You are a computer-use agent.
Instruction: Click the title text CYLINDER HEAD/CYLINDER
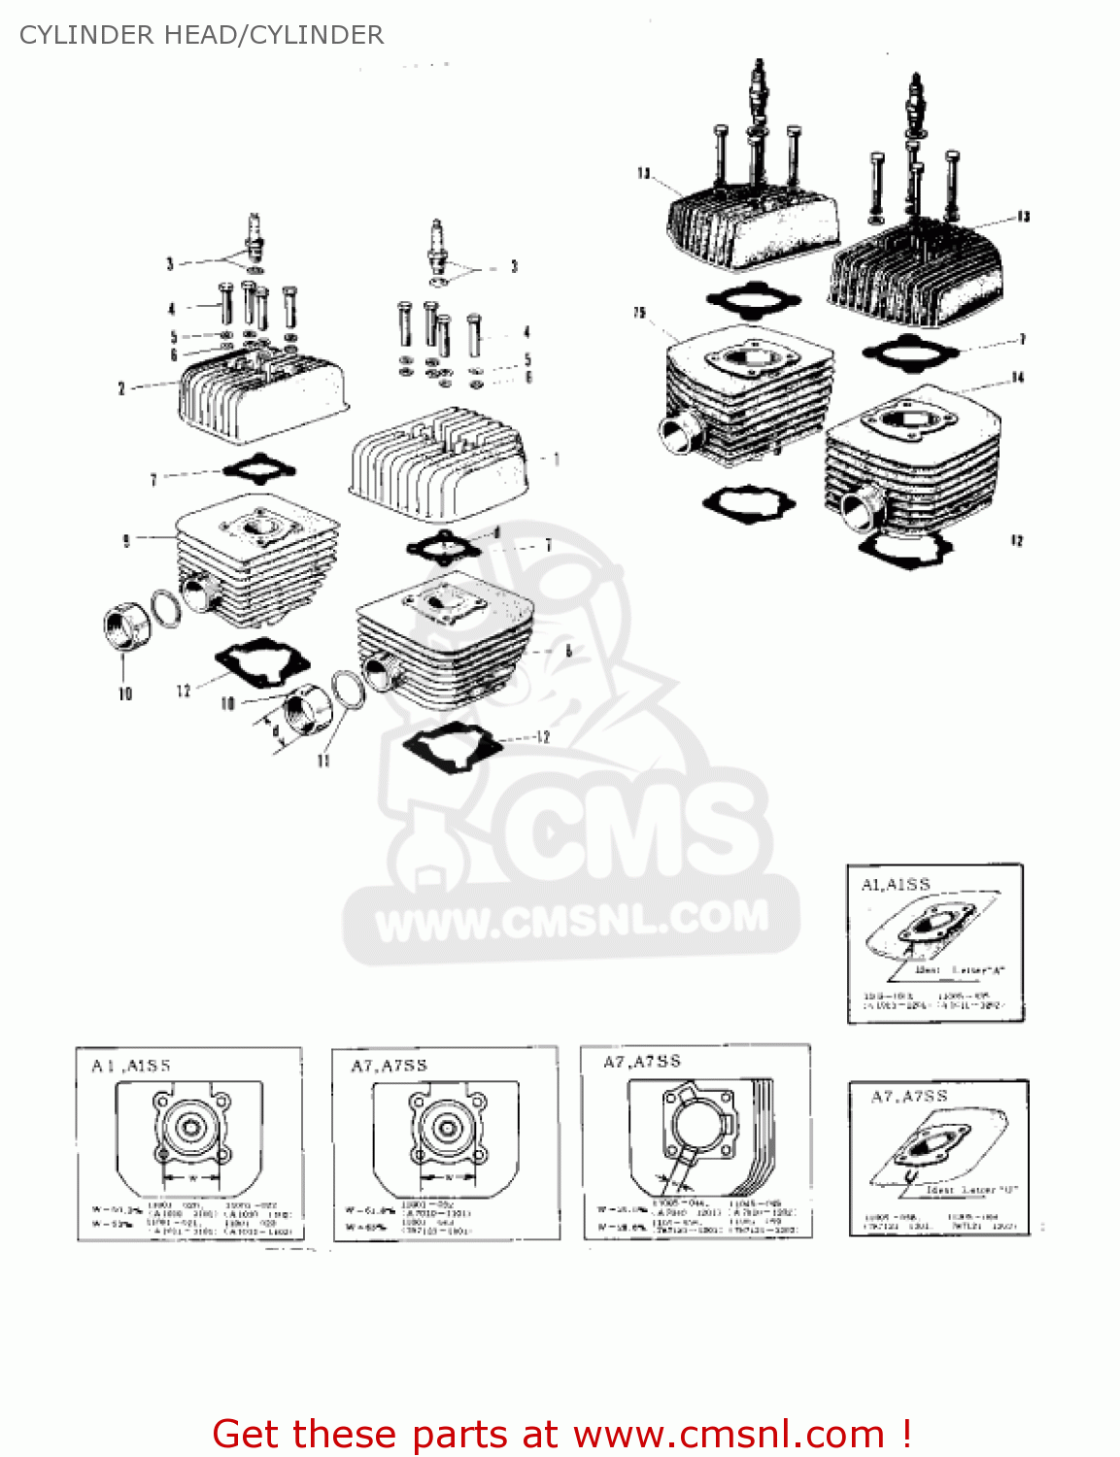point(201,35)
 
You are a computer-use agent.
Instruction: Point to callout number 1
point(556,458)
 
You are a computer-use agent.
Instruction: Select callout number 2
point(121,389)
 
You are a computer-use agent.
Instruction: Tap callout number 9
point(126,541)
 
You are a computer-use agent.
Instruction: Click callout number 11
point(323,761)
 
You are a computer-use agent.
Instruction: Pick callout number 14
point(1017,377)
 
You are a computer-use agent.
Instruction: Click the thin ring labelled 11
point(349,690)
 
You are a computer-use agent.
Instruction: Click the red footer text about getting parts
point(561,1434)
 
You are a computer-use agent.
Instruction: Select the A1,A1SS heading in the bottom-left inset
point(131,1066)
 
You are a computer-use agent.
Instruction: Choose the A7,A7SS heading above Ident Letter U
point(909,1097)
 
